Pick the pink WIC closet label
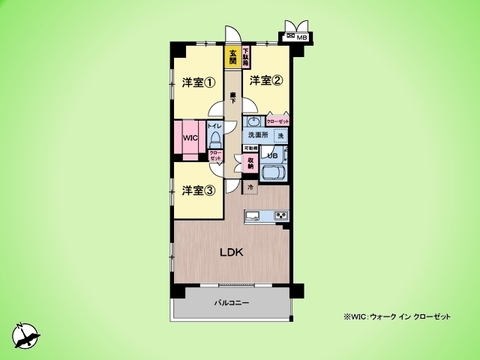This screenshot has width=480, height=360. tap(190, 139)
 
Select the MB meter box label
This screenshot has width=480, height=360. tap(302, 39)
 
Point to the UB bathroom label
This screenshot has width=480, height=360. tap(271, 154)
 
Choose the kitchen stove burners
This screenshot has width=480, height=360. tap(281, 215)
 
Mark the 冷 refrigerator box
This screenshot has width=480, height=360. tap(250, 186)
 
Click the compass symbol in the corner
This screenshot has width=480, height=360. tap(27, 336)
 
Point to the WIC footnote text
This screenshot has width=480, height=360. tap(396, 317)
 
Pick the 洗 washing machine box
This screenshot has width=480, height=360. tap(281, 135)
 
